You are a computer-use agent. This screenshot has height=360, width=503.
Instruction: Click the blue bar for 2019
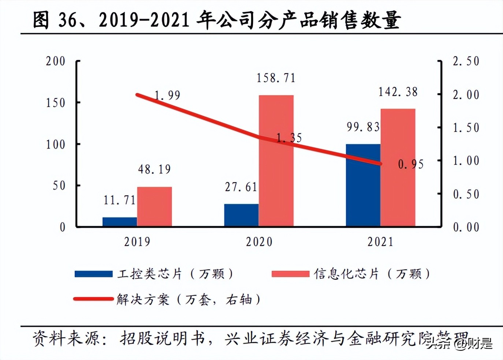tap(120, 222)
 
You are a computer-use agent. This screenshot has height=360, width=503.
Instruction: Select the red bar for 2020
tap(276, 161)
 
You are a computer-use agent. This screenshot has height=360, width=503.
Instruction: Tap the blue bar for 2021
tap(363, 185)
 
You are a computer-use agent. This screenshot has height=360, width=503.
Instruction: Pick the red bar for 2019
tap(154, 206)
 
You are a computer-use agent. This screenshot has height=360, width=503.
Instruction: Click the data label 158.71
tap(276, 78)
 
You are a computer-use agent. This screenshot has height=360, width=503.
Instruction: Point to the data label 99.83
tap(363, 127)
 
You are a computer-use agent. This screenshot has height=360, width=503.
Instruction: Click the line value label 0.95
tap(411, 165)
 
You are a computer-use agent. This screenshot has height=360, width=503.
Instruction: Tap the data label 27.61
tap(241, 187)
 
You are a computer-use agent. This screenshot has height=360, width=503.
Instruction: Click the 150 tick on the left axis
tap(55, 103)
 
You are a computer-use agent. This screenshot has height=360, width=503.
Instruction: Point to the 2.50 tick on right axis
tap(466, 61)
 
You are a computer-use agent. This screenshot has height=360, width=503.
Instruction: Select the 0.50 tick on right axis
tap(466, 194)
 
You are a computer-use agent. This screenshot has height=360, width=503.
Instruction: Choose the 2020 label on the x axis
tap(259, 242)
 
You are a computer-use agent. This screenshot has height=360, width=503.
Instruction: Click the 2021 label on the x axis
tap(380, 242)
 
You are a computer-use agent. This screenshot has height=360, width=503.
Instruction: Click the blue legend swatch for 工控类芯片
tap(93, 274)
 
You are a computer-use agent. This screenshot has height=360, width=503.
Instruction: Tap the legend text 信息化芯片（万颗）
tap(371, 274)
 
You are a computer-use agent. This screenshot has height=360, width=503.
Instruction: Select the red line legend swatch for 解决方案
tap(93, 299)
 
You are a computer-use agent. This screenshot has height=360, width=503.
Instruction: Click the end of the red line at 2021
tap(380, 164)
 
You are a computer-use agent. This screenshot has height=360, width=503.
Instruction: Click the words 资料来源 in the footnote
tap(66, 338)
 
